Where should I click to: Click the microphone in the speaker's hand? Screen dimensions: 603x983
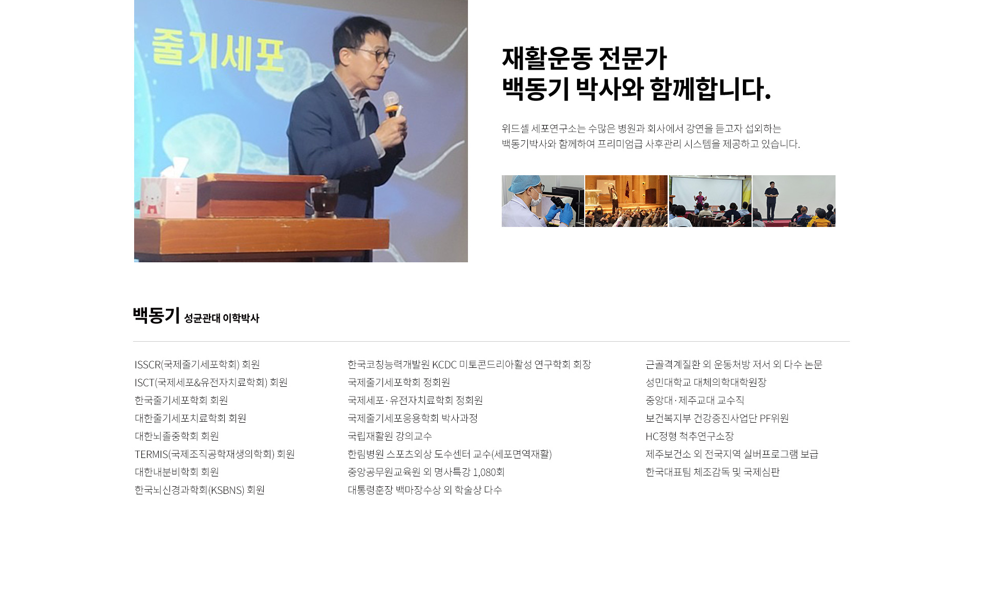pyautogui.click(x=392, y=102)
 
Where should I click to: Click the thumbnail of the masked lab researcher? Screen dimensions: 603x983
pyautogui.click(x=543, y=201)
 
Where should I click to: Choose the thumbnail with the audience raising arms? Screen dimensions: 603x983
pyautogui.click(x=626, y=201)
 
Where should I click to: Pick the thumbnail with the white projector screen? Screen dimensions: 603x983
pyautogui.click(x=710, y=201)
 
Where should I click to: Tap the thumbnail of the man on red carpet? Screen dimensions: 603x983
pyautogui.click(x=794, y=201)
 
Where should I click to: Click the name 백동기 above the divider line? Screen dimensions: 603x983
pyautogui.click(x=156, y=315)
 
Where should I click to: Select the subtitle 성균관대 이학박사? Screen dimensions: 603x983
pyautogui.click(x=222, y=318)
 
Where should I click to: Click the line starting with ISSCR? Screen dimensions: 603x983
pyautogui.click(x=197, y=364)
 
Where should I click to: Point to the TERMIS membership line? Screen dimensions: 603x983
pyautogui.click(x=215, y=454)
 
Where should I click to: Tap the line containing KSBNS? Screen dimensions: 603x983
pyautogui.click(x=200, y=490)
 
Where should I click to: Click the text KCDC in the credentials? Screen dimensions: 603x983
pyautogui.click(x=444, y=364)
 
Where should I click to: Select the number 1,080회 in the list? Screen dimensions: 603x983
pyautogui.click(x=488, y=472)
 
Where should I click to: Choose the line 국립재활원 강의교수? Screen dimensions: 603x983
pyautogui.click(x=390, y=436)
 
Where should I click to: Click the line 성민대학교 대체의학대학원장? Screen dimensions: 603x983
pyautogui.click(x=706, y=382)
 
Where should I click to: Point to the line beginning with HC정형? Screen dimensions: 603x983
pyautogui.click(x=689, y=436)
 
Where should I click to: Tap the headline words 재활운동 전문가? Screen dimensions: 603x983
pyautogui.click(x=584, y=58)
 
